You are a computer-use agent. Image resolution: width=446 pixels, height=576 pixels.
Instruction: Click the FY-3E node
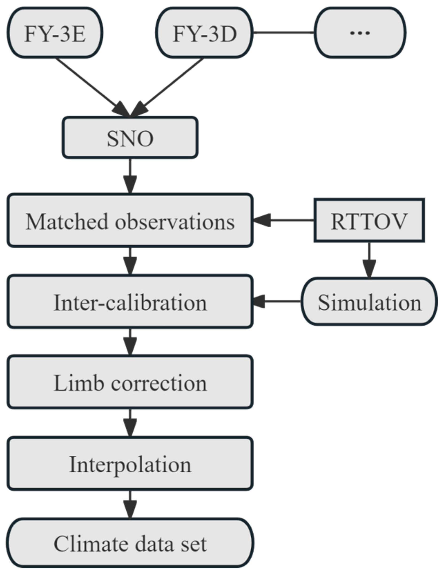point(55,33)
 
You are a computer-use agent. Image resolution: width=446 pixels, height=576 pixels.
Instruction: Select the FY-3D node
point(204,33)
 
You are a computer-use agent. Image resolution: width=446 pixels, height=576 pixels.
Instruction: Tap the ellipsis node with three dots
point(360,33)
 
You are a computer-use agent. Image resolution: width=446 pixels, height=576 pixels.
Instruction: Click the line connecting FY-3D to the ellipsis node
point(283,33)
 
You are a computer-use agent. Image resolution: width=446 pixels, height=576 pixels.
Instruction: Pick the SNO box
point(130,138)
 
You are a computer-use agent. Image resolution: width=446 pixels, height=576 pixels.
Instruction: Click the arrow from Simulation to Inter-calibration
point(277,301)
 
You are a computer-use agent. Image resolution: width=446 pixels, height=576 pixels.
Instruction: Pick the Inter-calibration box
point(130,302)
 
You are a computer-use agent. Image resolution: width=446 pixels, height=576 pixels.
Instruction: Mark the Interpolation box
point(130,464)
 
